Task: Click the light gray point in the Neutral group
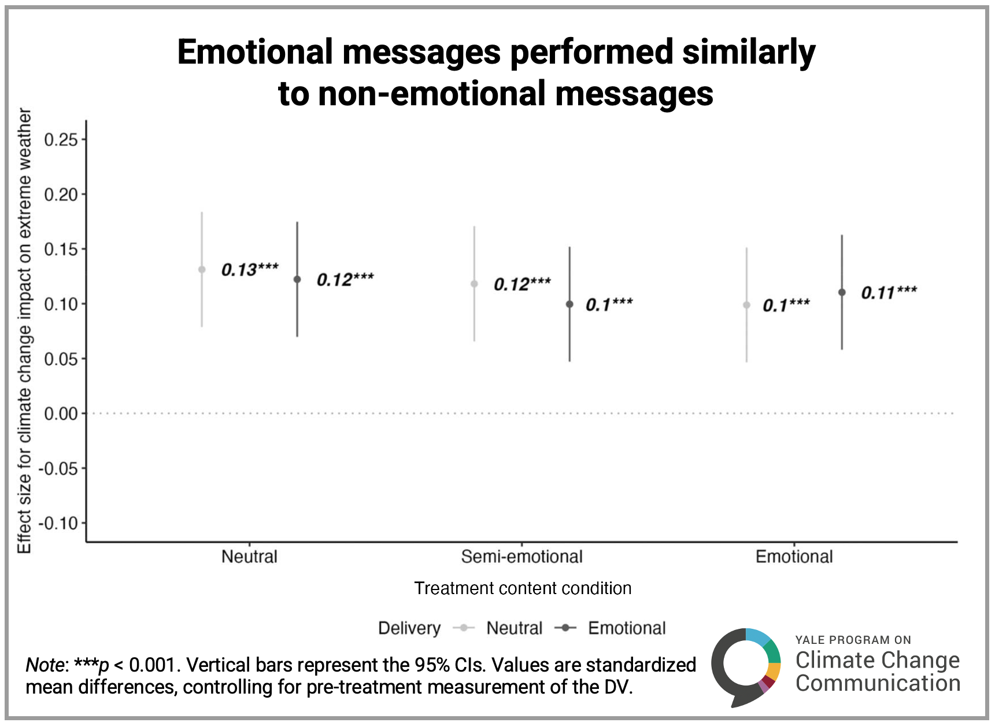[x=202, y=270]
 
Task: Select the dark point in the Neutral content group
[x=297, y=279]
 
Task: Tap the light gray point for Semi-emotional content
[x=474, y=284]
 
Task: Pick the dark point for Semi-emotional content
[x=569, y=304]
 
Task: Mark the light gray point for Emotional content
[x=746, y=305]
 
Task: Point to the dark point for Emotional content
[x=842, y=292]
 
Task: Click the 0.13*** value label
[x=250, y=270]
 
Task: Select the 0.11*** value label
[x=889, y=293]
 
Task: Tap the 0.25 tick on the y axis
[x=61, y=140]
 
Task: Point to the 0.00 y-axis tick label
[x=61, y=414]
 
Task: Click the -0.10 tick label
[x=58, y=524]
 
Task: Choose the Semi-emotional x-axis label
[x=521, y=557]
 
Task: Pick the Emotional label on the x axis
[x=794, y=557]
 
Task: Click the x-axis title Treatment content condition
[x=523, y=588]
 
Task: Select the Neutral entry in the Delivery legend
[x=514, y=628]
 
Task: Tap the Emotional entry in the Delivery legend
[x=627, y=628]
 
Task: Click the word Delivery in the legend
[x=409, y=628]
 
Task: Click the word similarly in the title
[x=749, y=52]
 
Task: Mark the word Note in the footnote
[x=45, y=665]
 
